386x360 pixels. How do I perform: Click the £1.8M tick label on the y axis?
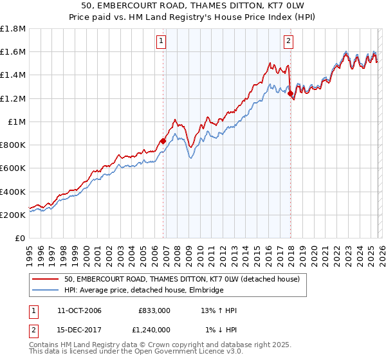point(13,28)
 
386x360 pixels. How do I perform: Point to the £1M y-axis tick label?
point(16,122)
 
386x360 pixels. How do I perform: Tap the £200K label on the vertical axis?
point(13,215)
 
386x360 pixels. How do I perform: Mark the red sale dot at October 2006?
point(163,141)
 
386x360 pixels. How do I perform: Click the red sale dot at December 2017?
point(290,94)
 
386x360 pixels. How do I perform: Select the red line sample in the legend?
point(45,279)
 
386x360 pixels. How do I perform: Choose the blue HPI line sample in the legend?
point(45,291)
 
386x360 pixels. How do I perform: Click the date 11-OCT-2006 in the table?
point(74,310)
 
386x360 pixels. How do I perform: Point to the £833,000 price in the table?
point(154,310)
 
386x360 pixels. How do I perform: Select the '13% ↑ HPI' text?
point(219,310)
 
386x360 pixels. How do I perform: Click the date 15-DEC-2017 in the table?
point(74,330)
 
